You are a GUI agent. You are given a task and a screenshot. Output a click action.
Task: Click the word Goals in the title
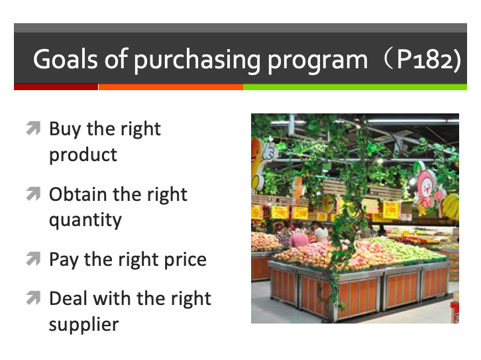66,58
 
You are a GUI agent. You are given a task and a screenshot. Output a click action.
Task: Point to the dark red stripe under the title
56,87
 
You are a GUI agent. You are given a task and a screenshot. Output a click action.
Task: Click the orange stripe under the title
171,87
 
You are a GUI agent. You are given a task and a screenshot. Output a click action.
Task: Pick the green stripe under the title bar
355,87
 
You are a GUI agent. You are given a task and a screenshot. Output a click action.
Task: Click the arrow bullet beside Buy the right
33,128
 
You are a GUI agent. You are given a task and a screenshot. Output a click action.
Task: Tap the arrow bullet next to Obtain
33,194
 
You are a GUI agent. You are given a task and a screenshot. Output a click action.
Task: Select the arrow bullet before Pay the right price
33,259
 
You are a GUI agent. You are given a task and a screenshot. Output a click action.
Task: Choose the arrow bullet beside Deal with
33,298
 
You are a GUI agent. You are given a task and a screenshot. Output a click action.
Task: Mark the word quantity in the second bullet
85,220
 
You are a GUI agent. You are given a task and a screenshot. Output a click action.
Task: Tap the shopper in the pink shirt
299,237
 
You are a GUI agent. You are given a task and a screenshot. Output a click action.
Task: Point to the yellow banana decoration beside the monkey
450,206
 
